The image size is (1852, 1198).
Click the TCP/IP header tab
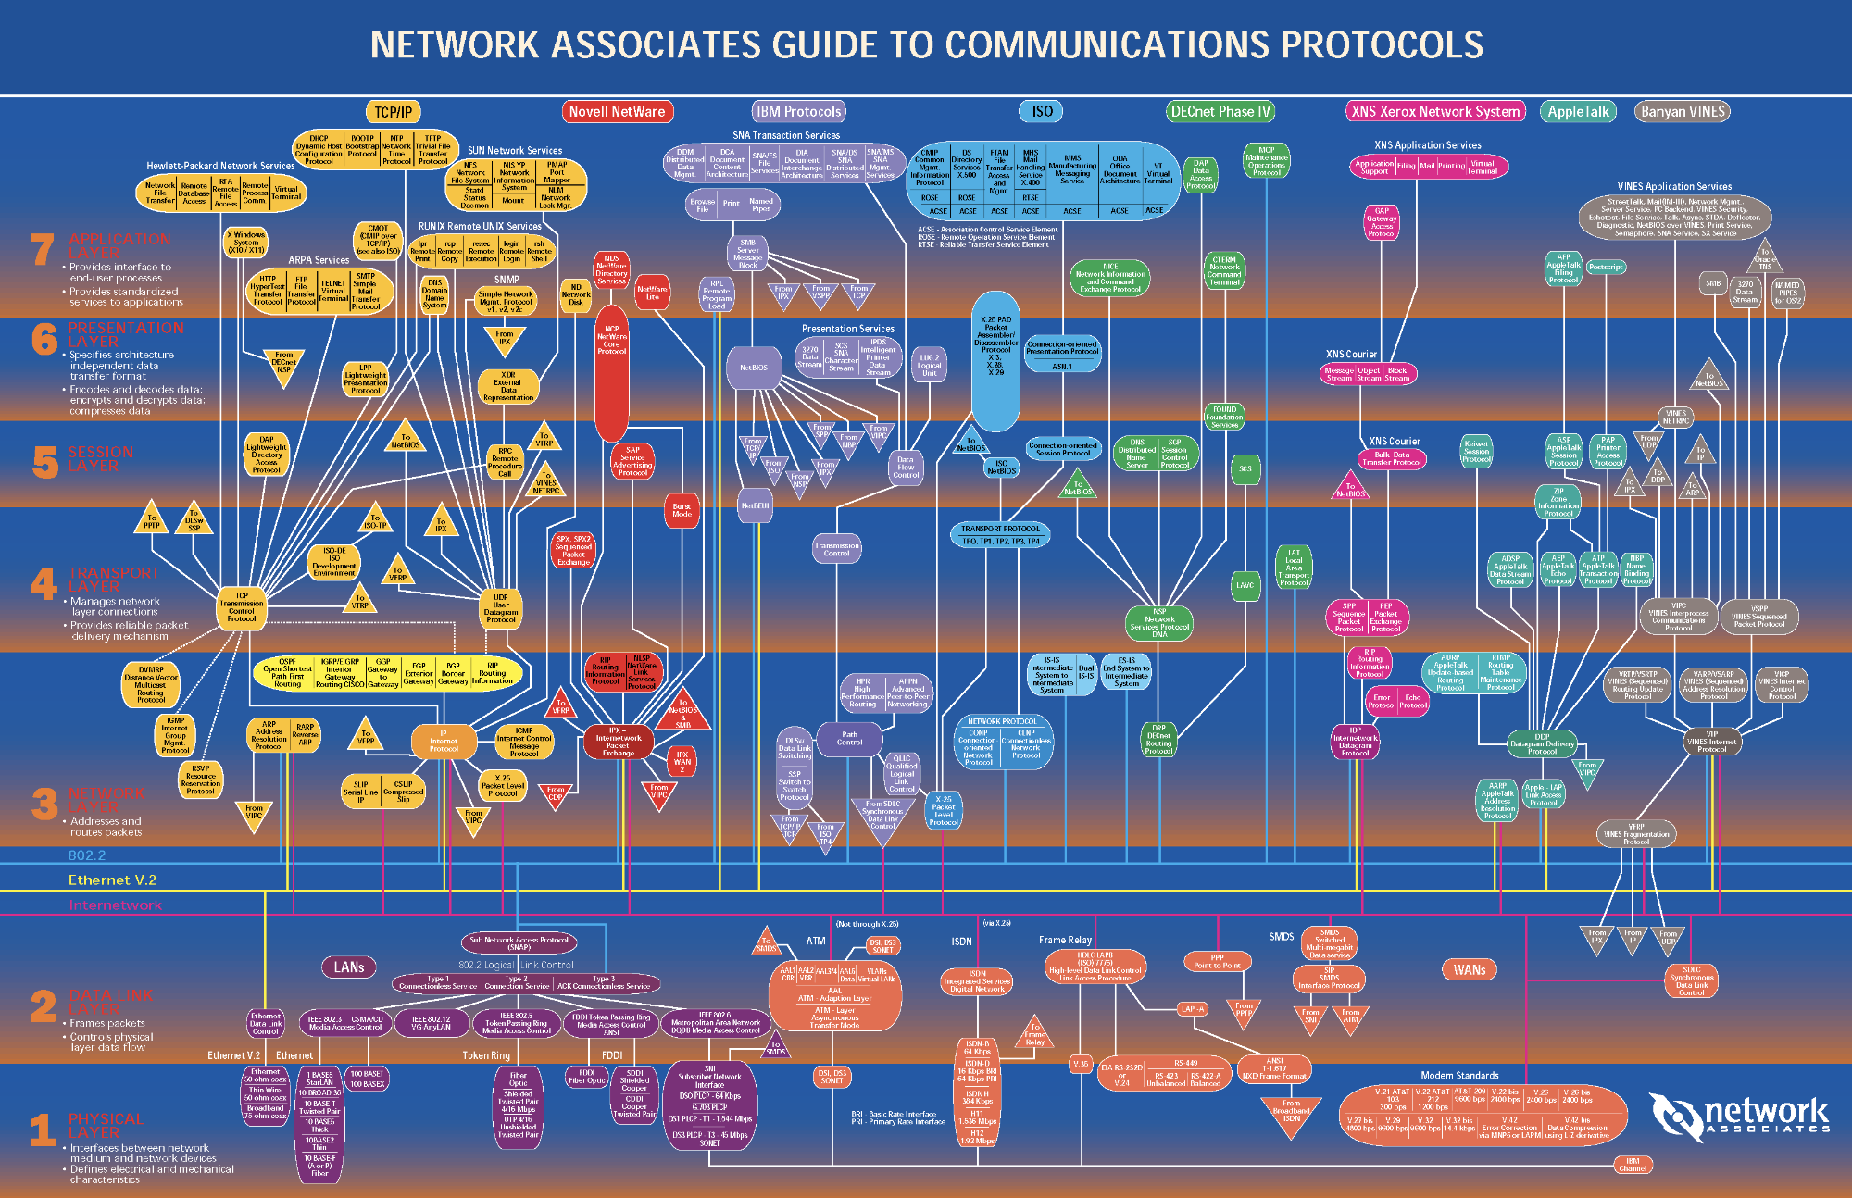pyautogui.click(x=394, y=112)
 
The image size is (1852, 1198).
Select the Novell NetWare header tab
pyautogui.click(x=617, y=112)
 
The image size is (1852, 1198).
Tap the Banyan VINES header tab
pyautogui.click(x=1683, y=112)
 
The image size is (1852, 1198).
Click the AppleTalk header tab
pyautogui.click(x=1579, y=112)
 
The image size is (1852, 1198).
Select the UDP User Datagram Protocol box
pyautogui.click(x=501, y=608)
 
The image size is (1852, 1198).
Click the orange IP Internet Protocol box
pyautogui.click(x=444, y=741)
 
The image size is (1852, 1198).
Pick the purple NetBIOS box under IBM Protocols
pyautogui.click(x=753, y=368)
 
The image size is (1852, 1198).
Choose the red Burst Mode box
pyautogui.click(x=682, y=510)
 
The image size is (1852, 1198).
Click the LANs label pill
pyautogui.click(x=349, y=967)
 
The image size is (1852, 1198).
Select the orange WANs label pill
pyautogui.click(x=1470, y=970)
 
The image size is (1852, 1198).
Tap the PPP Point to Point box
pyautogui.click(x=1217, y=962)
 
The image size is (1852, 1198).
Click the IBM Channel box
pyautogui.click(x=1633, y=1165)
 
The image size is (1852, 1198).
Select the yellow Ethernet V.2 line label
pyautogui.click(x=112, y=880)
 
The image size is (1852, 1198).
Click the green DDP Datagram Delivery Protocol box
pyautogui.click(x=1542, y=744)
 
